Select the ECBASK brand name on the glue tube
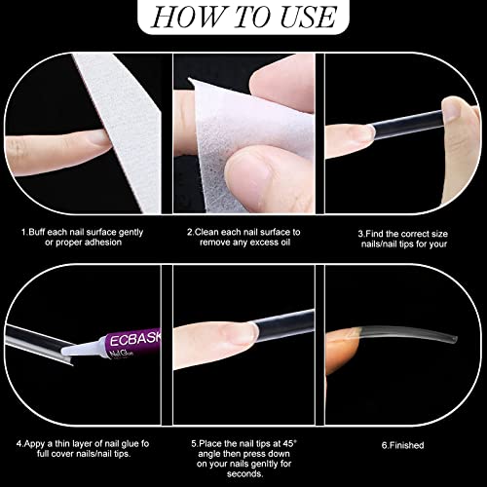click(135, 339)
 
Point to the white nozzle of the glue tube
click(82, 349)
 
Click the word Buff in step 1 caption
click(37, 232)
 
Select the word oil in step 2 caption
click(285, 243)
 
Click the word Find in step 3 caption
click(375, 234)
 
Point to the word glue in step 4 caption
click(131, 444)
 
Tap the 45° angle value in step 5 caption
click(290, 443)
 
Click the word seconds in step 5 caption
click(244, 473)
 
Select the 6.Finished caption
click(402, 445)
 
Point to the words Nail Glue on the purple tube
click(122, 354)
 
